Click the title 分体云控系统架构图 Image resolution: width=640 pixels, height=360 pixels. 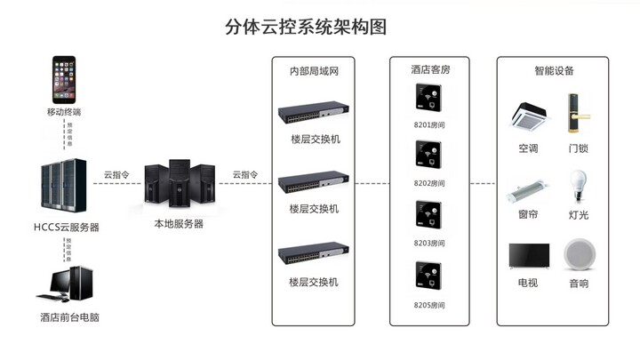click(x=306, y=25)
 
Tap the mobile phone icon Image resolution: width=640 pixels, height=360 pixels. click(x=63, y=80)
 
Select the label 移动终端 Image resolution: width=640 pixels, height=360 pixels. click(x=63, y=112)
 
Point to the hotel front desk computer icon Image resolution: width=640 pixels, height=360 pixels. click(x=63, y=284)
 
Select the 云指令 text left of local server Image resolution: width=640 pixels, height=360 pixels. click(x=117, y=175)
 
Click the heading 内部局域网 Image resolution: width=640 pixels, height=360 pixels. click(x=315, y=70)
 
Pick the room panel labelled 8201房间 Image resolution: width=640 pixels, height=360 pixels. click(x=428, y=100)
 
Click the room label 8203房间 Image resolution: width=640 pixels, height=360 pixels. click(x=429, y=243)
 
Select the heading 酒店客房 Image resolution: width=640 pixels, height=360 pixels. click(x=429, y=70)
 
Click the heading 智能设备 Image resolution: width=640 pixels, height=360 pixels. click(x=554, y=70)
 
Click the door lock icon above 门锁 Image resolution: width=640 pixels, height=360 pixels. click(x=578, y=114)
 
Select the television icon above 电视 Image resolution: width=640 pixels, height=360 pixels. click(x=528, y=256)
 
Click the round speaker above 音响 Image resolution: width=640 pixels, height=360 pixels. click(x=578, y=255)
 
